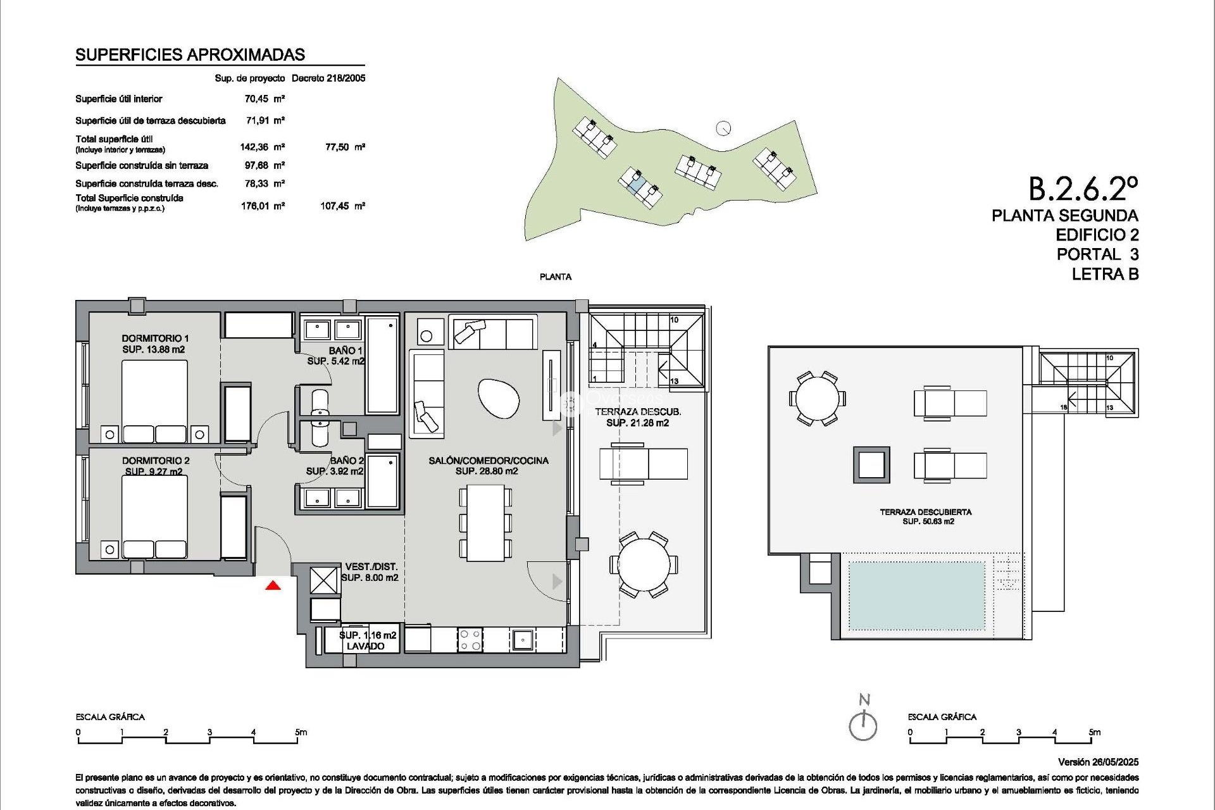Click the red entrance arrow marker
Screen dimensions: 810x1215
[x=273, y=585]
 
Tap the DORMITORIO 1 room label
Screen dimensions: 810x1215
[x=155, y=339]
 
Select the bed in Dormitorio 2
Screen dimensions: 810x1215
[x=154, y=516]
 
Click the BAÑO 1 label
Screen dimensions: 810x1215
[x=346, y=351]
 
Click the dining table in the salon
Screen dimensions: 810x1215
[x=485, y=523]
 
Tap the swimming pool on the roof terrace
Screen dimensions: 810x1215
[x=916, y=596]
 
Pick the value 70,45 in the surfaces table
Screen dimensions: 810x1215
[x=256, y=99]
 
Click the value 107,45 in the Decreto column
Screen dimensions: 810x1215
[x=335, y=206]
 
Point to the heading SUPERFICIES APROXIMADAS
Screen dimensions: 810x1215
[x=190, y=55]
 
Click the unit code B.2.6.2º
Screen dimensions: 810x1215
[x=1083, y=189]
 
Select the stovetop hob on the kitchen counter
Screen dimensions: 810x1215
[x=470, y=639]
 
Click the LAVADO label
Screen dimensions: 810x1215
[x=365, y=646]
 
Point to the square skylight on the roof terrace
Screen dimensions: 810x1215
[x=871, y=465]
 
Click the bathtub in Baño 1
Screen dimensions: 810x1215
[x=382, y=365]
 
